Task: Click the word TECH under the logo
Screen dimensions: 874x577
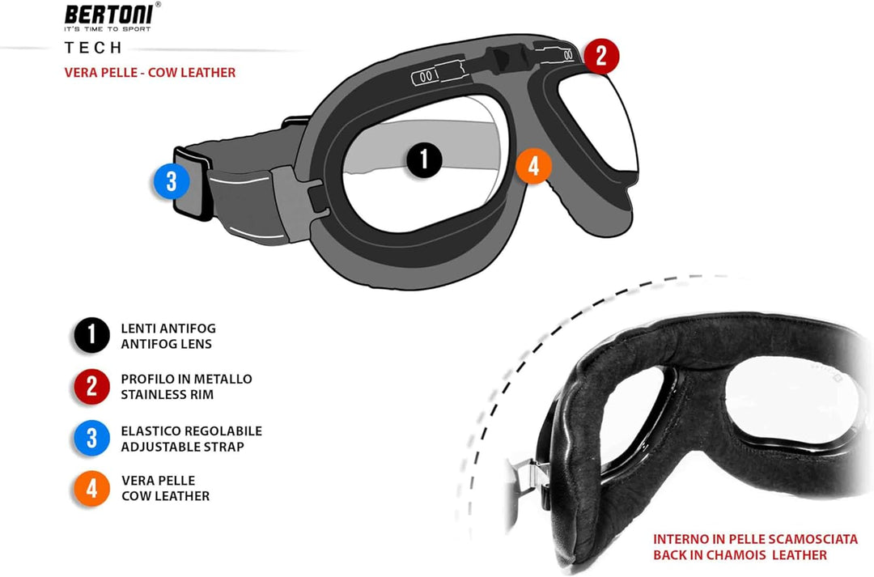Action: pos(93,48)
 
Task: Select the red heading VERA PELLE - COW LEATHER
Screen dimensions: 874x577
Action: pos(150,73)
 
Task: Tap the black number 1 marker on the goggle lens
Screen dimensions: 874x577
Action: pos(424,159)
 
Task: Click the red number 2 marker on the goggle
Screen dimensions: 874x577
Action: pos(601,56)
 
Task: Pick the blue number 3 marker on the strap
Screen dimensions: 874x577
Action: pos(172,181)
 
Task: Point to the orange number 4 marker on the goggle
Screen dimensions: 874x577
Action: pos(534,166)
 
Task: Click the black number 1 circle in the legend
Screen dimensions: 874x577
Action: pos(91,335)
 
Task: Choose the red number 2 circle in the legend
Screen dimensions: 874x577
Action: pos(91,386)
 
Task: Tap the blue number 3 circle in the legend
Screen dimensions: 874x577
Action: pos(91,438)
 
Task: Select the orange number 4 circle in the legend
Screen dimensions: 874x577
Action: pos(91,488)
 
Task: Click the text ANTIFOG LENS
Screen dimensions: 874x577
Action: pos(166,344)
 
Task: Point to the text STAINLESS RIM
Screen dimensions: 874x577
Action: pos(168,395)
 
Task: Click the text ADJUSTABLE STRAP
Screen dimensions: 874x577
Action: pos(182,447)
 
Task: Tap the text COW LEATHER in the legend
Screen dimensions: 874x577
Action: pos(166,496)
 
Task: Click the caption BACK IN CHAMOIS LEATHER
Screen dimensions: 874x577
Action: pos(740,555)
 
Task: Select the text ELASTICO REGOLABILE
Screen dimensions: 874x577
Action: pos(191,431)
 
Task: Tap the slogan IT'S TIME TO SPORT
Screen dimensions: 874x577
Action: pos(108,28)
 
